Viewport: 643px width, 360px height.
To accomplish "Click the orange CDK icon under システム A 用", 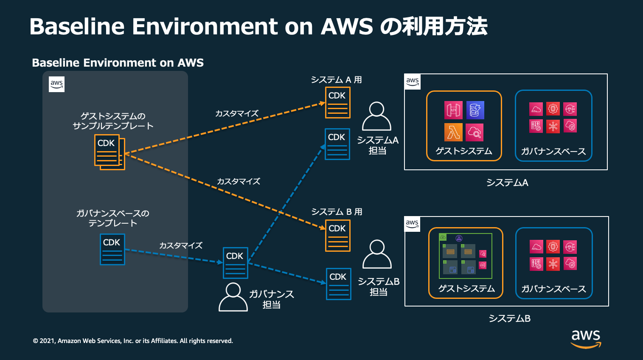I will click(337, 102).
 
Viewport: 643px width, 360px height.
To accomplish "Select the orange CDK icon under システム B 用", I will click(337, 235).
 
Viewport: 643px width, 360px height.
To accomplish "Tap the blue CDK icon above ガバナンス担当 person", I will click(235, 263).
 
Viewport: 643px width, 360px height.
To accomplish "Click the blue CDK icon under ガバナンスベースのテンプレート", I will click(112, 249).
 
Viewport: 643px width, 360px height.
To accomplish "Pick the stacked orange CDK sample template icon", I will click(109, 152).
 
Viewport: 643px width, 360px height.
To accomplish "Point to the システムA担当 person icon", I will click(376, 116).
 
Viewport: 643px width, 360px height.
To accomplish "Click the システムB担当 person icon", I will click(376, 254).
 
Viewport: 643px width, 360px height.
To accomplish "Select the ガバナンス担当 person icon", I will click(233, 297).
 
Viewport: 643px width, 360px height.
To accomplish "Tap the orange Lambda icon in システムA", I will click(453, 132).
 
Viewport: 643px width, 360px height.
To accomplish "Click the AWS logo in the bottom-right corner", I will click(586, 338).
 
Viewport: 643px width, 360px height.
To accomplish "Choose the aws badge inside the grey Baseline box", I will click(56, 84).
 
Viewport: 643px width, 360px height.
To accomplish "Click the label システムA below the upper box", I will click(507, 183).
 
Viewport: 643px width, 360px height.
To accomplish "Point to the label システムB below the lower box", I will click(509, 318).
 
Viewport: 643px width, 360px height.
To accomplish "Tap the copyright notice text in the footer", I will click(133, 341).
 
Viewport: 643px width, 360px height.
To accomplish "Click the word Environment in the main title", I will click(205, 27).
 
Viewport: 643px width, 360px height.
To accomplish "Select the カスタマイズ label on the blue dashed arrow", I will click(180, 245).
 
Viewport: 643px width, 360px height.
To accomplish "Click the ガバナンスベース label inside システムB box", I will click(553, 289).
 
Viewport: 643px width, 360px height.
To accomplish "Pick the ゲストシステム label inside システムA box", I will click(463, 151).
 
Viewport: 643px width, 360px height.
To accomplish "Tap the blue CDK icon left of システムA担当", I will click(337, 144).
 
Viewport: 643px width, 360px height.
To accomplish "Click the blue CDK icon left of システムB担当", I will click(338, 284).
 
